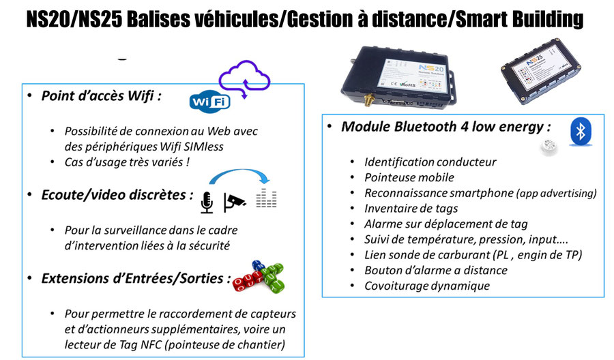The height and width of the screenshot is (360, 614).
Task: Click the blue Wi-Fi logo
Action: coord(210,102)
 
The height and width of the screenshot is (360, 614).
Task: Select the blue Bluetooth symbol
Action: coord(581,132)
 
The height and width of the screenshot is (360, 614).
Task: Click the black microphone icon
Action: coord(207,202)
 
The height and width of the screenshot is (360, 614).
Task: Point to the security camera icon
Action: coord(234,202)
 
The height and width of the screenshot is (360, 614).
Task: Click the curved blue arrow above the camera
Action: coord(239,170)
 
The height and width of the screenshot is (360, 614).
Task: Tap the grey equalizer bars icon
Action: coord(266,198)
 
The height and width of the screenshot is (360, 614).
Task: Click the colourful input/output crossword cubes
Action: coord(259,277)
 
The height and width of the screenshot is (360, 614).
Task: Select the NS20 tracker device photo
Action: coord(398,76)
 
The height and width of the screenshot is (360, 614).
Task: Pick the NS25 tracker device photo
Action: coord(540,70)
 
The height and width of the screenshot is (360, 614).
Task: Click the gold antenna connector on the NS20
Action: coord(368,100)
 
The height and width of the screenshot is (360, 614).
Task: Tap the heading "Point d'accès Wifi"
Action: coord(101,96)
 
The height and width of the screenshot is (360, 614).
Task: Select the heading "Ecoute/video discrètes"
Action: coord(117,195)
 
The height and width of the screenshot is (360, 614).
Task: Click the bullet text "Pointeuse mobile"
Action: coord(409,178)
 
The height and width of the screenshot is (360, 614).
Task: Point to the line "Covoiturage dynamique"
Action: coord(427,286)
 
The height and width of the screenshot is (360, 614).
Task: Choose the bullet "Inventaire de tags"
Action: coord(411,209)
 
